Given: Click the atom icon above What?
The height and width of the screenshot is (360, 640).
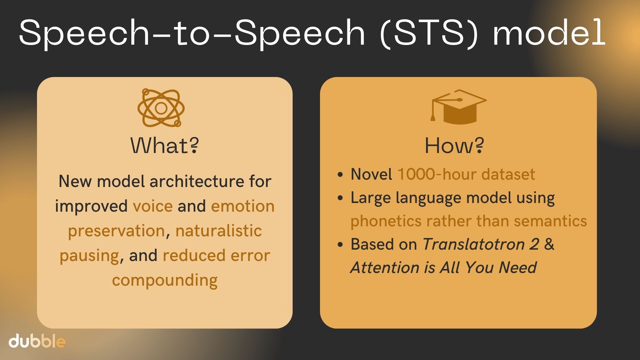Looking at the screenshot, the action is point(161,108).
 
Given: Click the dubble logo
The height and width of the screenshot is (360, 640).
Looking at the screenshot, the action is point(37,341).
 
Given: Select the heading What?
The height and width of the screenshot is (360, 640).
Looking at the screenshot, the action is point(165,145).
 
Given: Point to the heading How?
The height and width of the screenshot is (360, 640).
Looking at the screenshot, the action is point(454,145).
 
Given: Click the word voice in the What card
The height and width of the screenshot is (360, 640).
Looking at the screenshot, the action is point(153,206).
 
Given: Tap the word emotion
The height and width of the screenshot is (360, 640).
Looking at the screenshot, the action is point(243,206).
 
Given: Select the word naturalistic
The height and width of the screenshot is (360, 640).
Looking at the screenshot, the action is point(219,231).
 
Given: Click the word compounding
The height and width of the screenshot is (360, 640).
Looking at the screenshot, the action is point(165,280).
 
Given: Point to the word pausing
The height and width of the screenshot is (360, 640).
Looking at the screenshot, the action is point(89,256).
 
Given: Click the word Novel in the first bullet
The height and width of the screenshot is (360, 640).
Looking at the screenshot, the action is point(371,174).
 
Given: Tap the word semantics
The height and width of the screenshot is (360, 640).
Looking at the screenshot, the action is point(550,221).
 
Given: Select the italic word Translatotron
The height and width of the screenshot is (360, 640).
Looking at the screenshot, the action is point(474,244).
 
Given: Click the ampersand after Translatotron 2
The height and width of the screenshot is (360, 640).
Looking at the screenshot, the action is point(549,244).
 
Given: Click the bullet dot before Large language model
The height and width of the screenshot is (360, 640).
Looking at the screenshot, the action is point(340,198).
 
